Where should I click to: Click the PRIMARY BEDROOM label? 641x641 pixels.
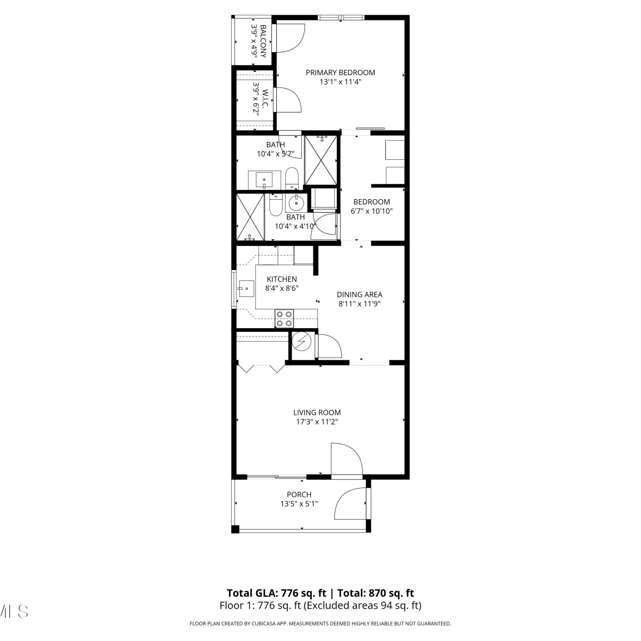pyautogui.click(x=340, y=73)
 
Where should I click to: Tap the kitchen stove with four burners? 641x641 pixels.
pyautogui.click(x=284, y=319)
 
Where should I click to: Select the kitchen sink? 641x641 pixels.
pyautogui.click(x=246, y=288)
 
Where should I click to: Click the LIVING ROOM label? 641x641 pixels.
pyautogui.click(x=317, y=412)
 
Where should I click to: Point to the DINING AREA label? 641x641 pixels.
pyautogui.click(x=359, y=294)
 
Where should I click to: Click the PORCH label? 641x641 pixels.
pyautogui.click(x=299, y=494)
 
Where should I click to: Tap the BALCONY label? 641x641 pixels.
pyautogui.click(x=263, y=41)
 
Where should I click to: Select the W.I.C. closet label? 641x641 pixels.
pyautogui.click(x=265, y=99)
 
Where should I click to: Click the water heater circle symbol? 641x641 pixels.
pyautogui.click(x=302, y=341)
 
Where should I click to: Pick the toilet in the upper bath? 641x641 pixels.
pyautogui.click(x=292, y=178)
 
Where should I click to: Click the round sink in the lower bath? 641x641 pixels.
pyautogui.click(x=296, y=203)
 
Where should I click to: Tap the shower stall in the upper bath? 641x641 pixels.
pyautogui.click(x=321, y=160)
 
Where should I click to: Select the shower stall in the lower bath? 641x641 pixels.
pyautogui.click(x=250, y=217)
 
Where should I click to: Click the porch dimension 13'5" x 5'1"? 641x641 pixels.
pyautogui.click(x=299, y=504)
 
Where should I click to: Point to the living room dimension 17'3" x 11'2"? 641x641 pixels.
pyautogui.click(x=317, y=422)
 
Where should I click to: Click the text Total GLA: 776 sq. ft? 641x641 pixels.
pyautogui.click(x=276, y=593)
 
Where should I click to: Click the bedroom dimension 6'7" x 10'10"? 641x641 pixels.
pyautogui.click(x=372, y=211)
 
